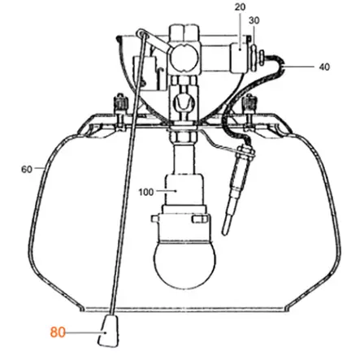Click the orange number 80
58,332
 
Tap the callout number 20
240,7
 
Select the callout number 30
254,20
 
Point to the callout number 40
324,67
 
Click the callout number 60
27,170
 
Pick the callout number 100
146,192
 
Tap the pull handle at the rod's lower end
109,331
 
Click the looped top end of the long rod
142,33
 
